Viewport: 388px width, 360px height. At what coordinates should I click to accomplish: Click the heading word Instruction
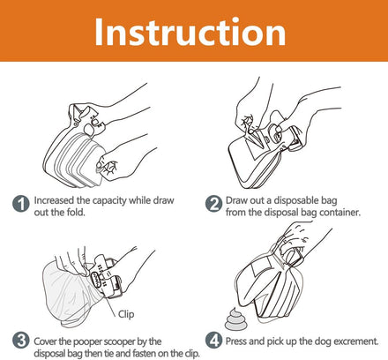point(190,32)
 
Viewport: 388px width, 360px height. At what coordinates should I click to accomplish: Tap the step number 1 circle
point(21,204)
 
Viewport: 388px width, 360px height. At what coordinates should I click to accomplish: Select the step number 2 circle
point(213,204)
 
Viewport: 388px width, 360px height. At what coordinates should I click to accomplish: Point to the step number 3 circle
point(21,341)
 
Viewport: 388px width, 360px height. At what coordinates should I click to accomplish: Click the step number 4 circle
point(213,341)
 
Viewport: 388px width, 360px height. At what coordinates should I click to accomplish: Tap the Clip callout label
point(126,314)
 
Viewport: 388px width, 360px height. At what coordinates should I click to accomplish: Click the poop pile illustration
point(234,319)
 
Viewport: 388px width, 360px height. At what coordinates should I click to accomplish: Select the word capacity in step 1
point(109,201)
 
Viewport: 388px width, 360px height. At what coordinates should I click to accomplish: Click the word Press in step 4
point(236,341)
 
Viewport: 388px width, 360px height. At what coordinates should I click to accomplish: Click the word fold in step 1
point(76,212)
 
